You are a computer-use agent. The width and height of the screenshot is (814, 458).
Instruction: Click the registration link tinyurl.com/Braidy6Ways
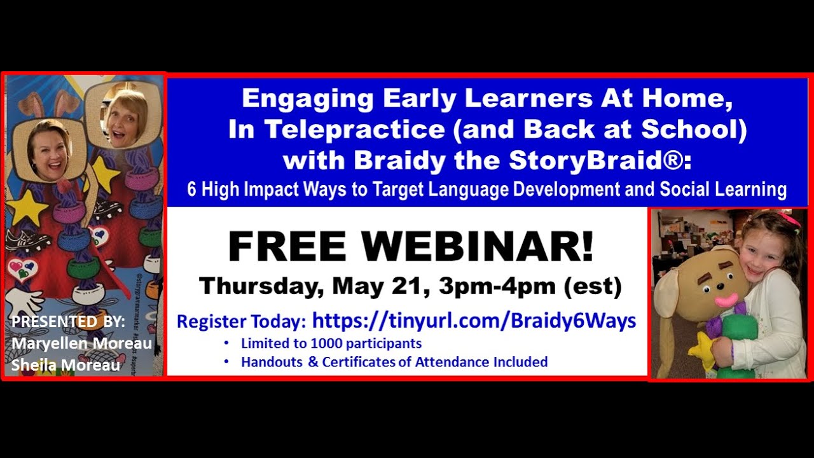point(474,321)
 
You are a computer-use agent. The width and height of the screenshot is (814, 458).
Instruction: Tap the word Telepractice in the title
point(355,129)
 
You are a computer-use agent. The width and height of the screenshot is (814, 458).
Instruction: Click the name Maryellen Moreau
point(81,344)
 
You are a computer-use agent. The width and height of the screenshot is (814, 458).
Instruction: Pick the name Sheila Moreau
point(66,365)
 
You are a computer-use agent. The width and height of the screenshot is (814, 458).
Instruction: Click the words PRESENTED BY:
point(68,322)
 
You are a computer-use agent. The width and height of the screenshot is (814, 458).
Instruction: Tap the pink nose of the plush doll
point(726,299)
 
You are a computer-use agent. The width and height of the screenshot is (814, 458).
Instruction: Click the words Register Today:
point(242,322)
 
